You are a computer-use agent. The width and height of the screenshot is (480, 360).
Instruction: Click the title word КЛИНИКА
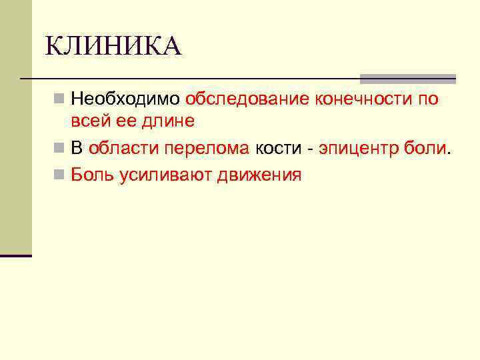coord(113,47)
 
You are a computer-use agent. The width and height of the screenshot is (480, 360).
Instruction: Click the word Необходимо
coord(125,99)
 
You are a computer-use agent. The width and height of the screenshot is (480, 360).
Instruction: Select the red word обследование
coord(248,99)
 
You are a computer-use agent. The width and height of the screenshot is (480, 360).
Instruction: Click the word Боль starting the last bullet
coord(93,175)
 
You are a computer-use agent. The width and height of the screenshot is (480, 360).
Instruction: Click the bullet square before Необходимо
coord(59,100)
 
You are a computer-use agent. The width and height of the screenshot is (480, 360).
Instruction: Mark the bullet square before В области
coord(59,149)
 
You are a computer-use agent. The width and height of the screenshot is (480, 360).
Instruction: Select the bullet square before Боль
coord(59,175)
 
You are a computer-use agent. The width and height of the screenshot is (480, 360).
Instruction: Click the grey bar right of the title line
coord(407,78)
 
